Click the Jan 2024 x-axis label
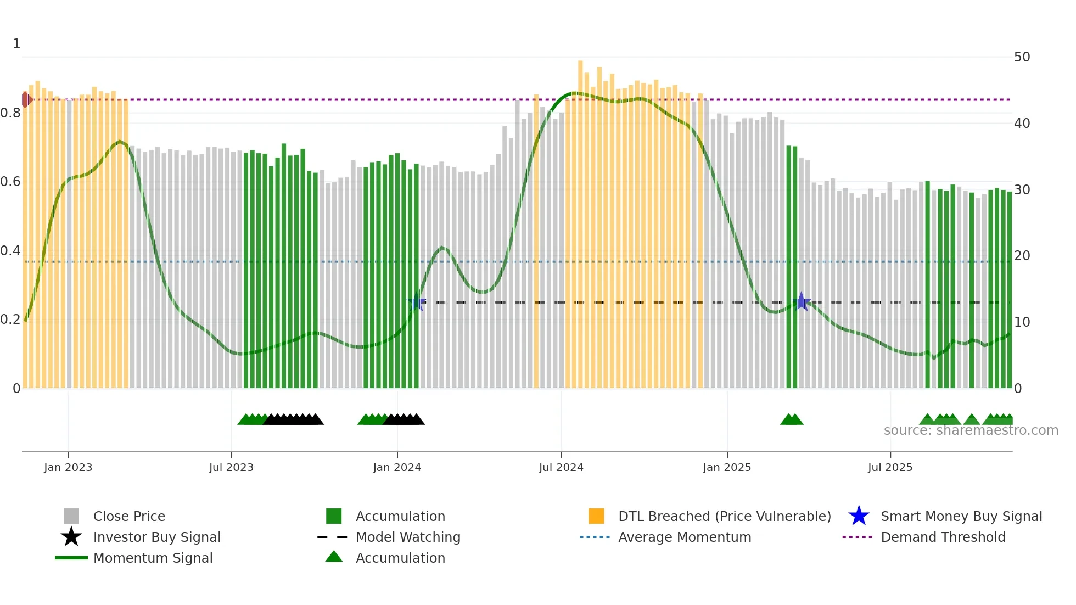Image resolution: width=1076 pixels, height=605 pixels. pyautogui.click(x=397, y=467)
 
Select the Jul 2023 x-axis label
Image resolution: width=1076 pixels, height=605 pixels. pyautogui.click(x=231, y=467)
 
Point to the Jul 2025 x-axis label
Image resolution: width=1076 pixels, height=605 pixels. pyautogui.click(x=890, y=467)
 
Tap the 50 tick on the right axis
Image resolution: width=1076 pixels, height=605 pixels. pyautogui.click(x=1022, y=57)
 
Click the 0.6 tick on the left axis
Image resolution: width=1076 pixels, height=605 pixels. pyautogui.click(x=10, y=182)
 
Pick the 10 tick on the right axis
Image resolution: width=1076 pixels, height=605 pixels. pyautogui.click(x=1022, y=322)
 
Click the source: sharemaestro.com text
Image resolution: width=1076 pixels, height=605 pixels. pyautogui.click(x=971, y=430)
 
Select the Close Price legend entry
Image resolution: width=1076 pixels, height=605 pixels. pyautogui.click(x=129, y=516)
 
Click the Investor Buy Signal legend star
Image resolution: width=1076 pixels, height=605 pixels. pyautogui.click(x=71, y=537)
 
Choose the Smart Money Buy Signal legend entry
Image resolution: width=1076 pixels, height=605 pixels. pyautogui.click(x=961, y=516)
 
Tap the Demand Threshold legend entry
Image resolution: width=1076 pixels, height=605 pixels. pyautogui.click(x=943, y=537)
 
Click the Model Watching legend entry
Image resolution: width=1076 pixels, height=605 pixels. pyautogui.click(x=408, y=537)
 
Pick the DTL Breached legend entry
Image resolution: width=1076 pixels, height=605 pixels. pyautogui.click(x=724, y=516)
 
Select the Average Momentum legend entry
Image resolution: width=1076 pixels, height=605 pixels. pyautogui.click(x=684, y=537)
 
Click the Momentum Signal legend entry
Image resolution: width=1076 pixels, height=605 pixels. pyautogui.click(x=153, y=558)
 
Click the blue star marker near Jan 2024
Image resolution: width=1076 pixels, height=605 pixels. pyautogui.click(x=417, y=302)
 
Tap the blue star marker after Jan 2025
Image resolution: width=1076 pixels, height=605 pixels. pyautogui.click(x=802, y=301)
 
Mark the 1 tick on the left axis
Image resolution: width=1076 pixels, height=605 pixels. pyautogui.click(x=16, y=44)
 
